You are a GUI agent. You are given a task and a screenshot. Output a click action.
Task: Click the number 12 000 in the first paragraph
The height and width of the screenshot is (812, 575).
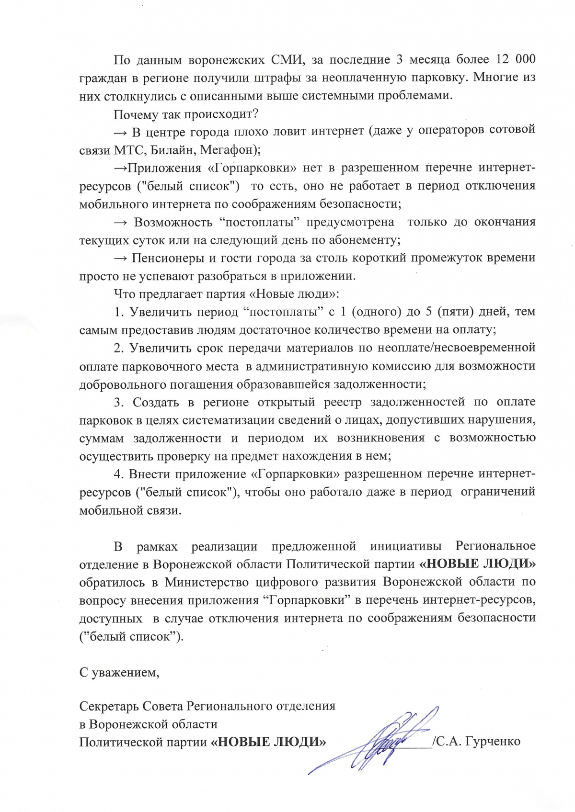pyautogui.click(x=516, y=59)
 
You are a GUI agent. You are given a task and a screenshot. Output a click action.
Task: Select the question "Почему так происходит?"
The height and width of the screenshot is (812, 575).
pyautogui.click(x=186, y=114)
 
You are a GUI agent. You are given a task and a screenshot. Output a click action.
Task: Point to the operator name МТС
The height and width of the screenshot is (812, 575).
pyautogui.click(x=129, y=150)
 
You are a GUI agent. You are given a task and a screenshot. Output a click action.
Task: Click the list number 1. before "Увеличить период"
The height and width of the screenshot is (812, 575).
pyautogui.click(x=119, y=312)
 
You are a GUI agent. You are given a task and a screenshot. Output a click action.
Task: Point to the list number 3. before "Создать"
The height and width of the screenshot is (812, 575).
pyautogui.click(x=119, y=402)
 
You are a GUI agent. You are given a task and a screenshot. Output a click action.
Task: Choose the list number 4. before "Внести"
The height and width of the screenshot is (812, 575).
pyautogui.click(x=119, y=474)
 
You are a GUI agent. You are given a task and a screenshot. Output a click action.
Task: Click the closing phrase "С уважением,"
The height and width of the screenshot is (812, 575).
pyautogui.click(x=119, y=673)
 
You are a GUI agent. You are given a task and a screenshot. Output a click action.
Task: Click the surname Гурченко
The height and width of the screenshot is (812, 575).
pyautogui.click(x=493, y=742)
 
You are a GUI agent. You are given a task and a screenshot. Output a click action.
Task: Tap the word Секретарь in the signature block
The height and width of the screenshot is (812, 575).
pyautogui.click(x=109, y=706)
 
